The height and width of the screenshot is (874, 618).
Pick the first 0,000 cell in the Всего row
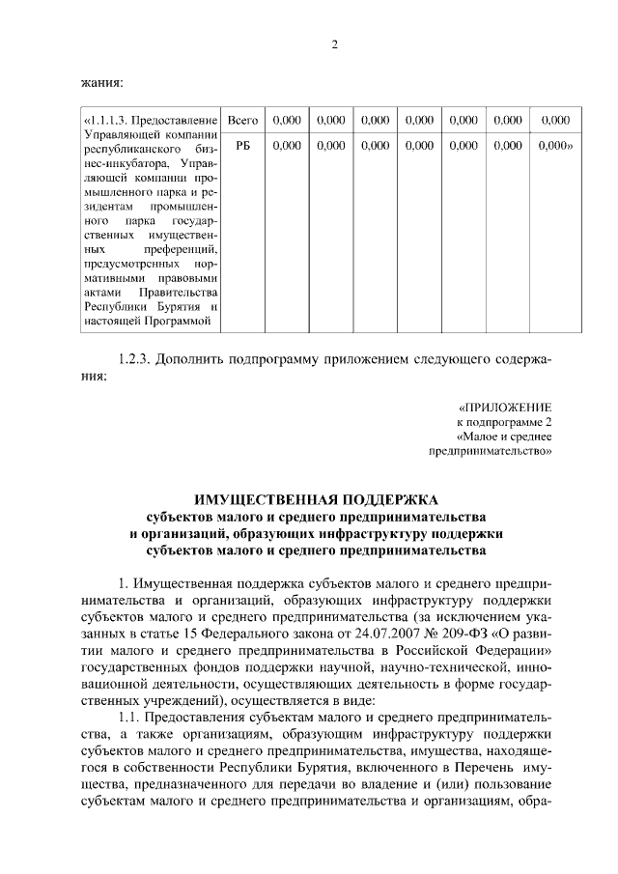(287, 121)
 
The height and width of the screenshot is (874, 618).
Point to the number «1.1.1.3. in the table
(106, 121)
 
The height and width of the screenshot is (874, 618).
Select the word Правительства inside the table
(182, 293)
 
